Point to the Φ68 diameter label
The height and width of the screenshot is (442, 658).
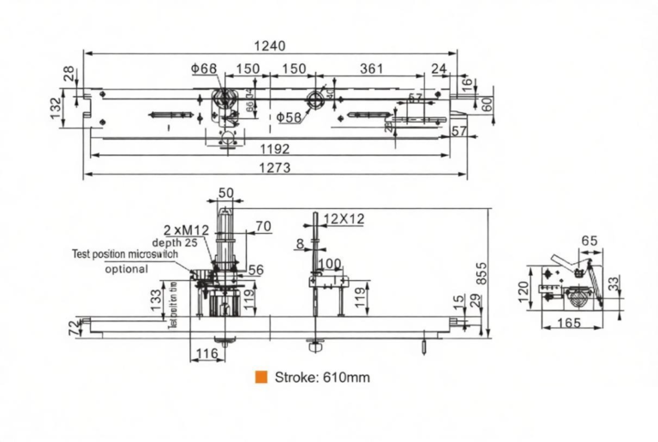tap(205, 69)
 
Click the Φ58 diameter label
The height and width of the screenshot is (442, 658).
tap(289, 117)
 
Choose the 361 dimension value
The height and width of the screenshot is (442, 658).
tap(372, 69)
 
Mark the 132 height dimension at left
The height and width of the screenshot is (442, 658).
tap(57, 109)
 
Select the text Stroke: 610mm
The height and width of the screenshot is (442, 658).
tap(322, 377)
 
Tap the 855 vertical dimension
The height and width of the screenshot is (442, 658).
tap(482, 272)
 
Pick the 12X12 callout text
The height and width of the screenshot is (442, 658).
tap(344, 219)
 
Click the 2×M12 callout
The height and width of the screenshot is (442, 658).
tap(186, 229)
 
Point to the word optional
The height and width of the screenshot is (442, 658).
tap(126, 268)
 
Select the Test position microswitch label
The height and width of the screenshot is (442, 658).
tap(124, 254)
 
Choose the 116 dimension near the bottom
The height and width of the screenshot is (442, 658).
tap(206, 353)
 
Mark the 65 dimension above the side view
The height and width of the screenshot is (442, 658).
tap(589, 242)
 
